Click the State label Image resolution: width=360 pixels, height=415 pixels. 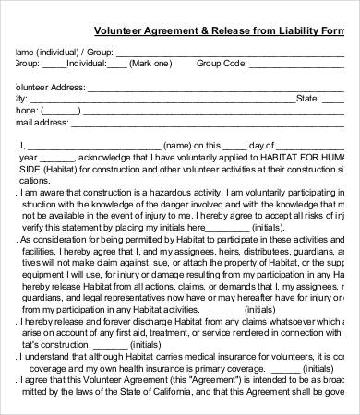(x=307, y=97)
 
